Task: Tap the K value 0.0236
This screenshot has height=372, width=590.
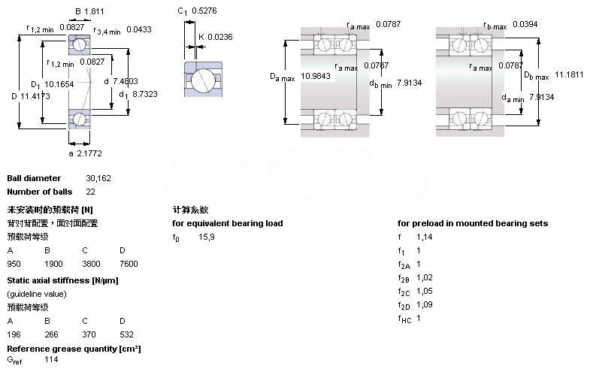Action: tap(219, 36)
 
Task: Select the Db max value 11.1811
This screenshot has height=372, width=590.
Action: tap(570, 75)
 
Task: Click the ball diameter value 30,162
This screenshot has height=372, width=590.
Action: tap(98, 178)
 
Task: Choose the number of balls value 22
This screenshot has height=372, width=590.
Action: tap(91, 192)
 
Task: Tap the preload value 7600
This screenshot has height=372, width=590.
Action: tap(129, 264)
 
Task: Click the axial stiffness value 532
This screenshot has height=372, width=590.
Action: tap(126, 334)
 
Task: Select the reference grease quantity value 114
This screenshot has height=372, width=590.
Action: tap(50, 360)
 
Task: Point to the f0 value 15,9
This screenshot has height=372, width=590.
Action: tap(207, 237)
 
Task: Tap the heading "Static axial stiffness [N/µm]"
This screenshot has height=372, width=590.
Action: tap(62, 280)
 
